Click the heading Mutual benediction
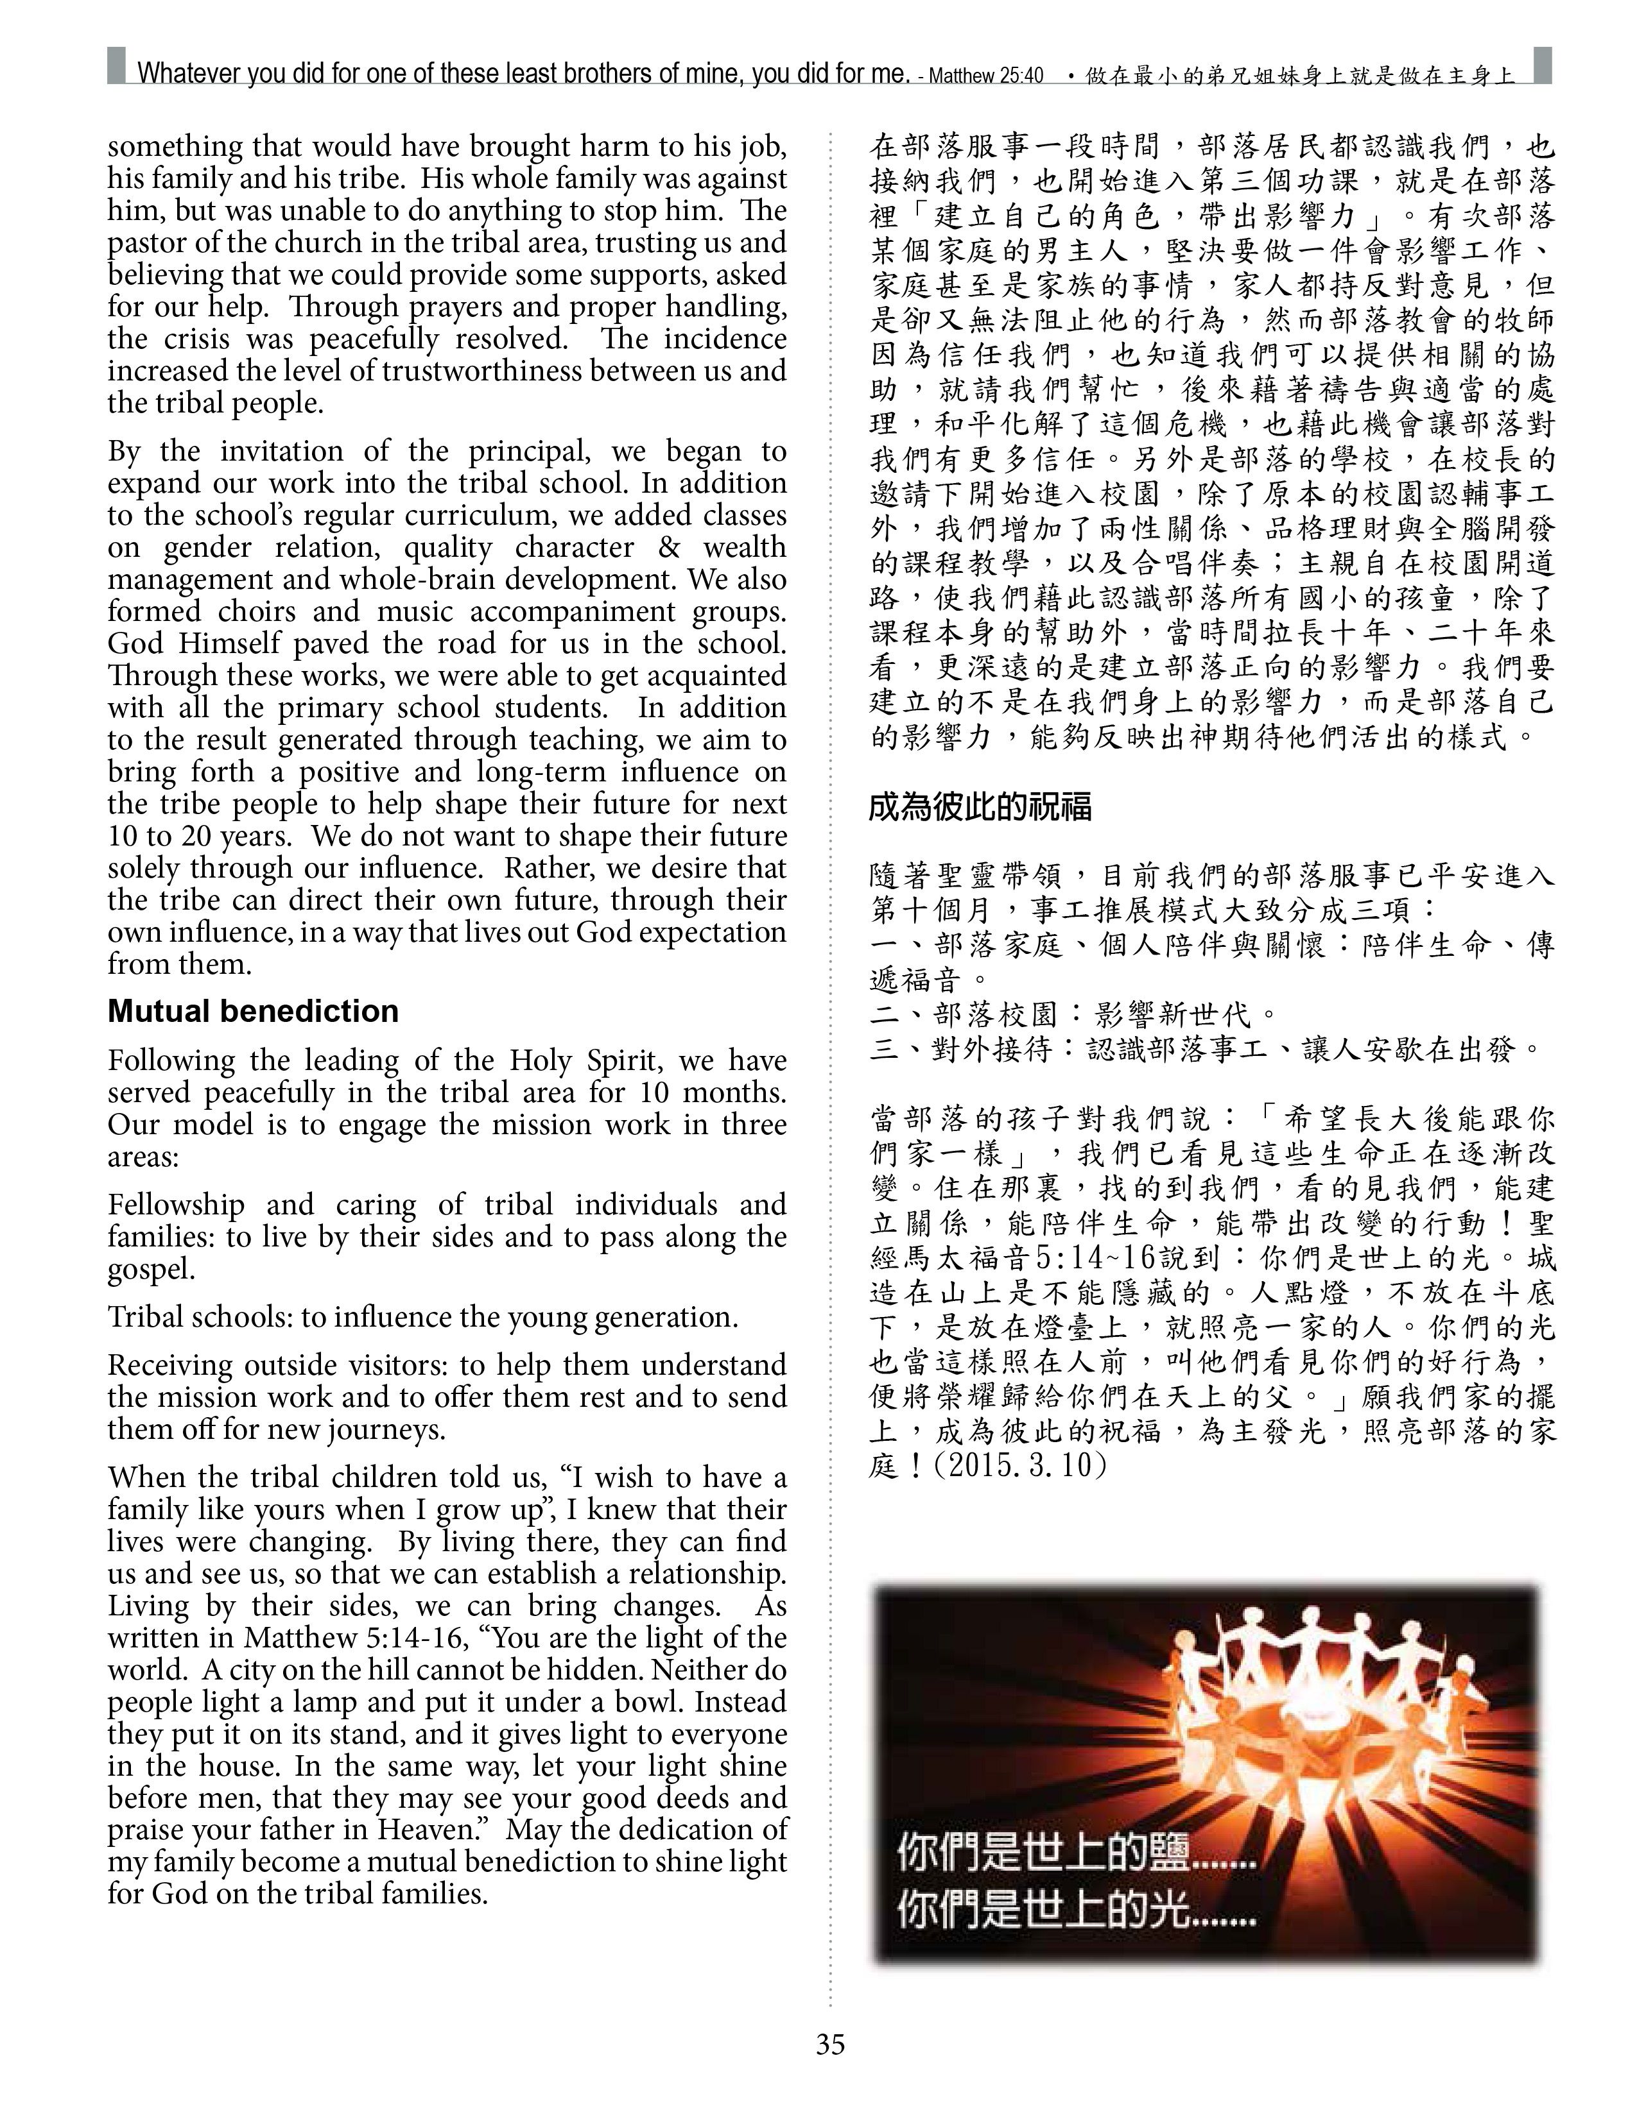(x=253, y=1011)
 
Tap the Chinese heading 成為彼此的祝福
(x=980, y=806)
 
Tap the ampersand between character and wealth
(x=669, y=548)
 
